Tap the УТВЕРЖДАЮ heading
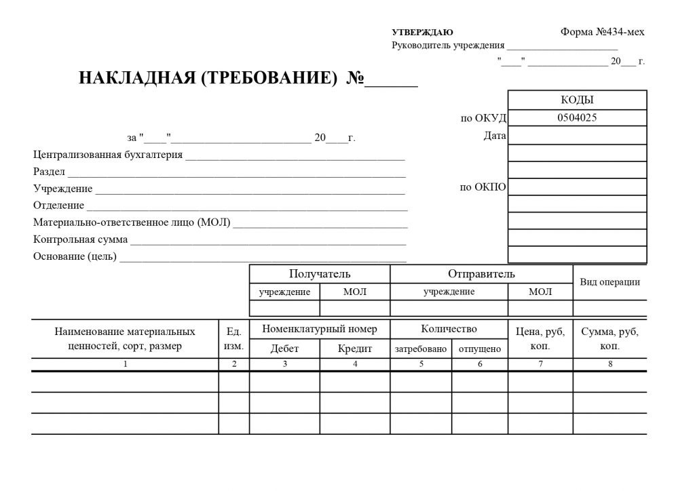point(422,33)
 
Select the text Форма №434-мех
point(603,32)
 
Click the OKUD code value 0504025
point(577,117)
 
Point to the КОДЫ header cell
point(577,100)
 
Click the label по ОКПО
point(483,187)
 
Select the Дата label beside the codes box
point(495,136)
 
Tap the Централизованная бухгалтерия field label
point(108,155)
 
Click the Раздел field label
point(49,172)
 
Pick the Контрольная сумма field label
point(80,239)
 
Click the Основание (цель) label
point(75,256)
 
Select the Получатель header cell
point(320,274)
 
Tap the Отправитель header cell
point(481,274)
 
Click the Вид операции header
point(609,282)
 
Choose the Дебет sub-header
point(284,349)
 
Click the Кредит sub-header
point(355,349)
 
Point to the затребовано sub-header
point(421,349)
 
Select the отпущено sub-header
point(480,349)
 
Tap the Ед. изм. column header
point(234,339)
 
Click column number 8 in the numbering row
point(609,364)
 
